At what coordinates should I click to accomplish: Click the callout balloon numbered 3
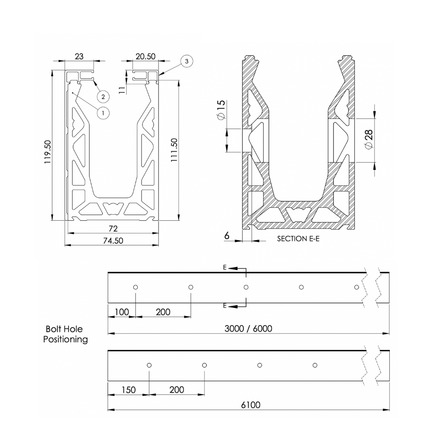tap(187, 61)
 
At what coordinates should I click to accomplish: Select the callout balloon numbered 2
tap(103, 96)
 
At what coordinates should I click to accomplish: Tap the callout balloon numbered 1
tap(103, 113)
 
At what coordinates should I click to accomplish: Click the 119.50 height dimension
tap(48, 152)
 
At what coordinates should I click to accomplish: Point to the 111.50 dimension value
tap(174, 151)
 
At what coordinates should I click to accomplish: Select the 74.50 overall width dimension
tap(112, 241)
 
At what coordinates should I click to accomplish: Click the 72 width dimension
tap(113, 229)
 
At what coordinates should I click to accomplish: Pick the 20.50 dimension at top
tap(145, 56)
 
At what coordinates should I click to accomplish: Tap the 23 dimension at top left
tap(79, 56)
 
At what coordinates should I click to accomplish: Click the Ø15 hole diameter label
tap(221, 110)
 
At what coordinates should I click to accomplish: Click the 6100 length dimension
tap(250, 405)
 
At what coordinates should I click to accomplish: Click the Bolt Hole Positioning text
tap(65, 334)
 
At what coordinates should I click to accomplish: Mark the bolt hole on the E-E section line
tap(246, 287)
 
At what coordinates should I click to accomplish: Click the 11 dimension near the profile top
tap(122, 90)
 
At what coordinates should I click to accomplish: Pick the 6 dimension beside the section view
tap(227, 236)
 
